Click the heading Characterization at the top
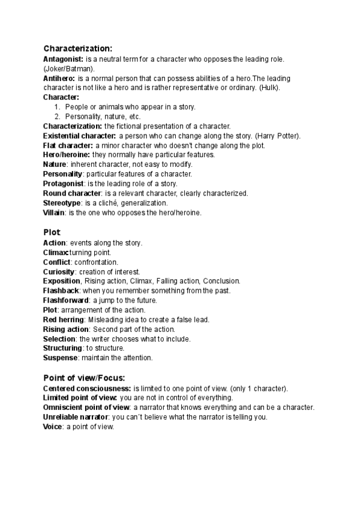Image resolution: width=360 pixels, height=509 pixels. (77, 49)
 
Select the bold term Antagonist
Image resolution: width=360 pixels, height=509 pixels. (63, 59)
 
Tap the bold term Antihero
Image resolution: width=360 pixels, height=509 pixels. (59, 78)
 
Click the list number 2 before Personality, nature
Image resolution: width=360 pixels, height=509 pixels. (57, 116)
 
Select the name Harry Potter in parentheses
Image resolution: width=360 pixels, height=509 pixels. (277, 136)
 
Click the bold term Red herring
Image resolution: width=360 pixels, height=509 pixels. (64, 319)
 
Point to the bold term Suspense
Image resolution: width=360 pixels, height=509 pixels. (61, 358)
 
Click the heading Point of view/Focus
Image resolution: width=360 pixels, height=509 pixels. (84, 378)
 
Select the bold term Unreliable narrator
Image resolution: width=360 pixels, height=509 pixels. (76, 417)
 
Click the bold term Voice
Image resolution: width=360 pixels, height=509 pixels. (53, 426)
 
